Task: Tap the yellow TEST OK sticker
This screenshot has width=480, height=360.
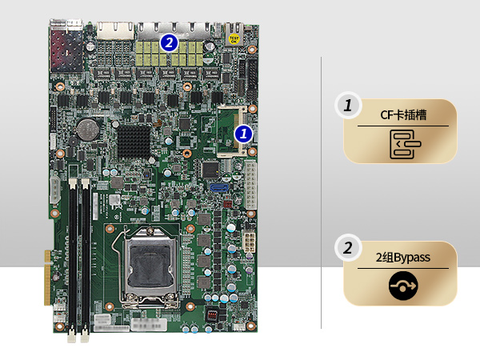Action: (234, 38)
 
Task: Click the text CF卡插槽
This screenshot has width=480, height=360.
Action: (402, 115)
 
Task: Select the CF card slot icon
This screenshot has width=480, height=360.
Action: (402, 144)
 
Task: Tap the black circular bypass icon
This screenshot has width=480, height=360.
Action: (402, 286)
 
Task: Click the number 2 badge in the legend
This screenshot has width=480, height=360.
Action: (347, 249)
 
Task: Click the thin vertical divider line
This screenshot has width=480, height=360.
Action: (322, 192)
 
